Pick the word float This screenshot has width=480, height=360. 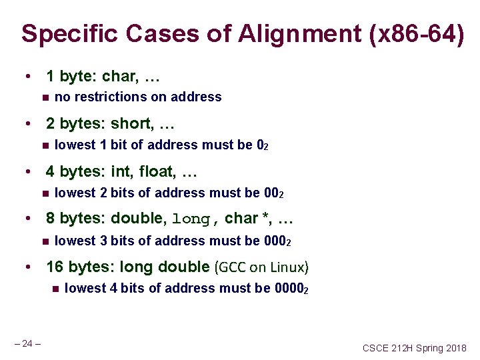click(159, 172)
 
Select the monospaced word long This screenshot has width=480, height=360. click(192, 219)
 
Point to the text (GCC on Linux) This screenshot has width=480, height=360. click(262, 267)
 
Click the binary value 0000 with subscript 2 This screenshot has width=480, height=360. click(291, 288)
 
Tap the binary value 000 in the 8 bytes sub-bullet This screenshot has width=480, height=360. click(275, 241)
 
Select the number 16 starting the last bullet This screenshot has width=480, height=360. click(55, 267)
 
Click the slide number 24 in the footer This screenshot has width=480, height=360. click(27, 343)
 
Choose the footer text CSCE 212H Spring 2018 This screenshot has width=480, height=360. click(415, 348)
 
